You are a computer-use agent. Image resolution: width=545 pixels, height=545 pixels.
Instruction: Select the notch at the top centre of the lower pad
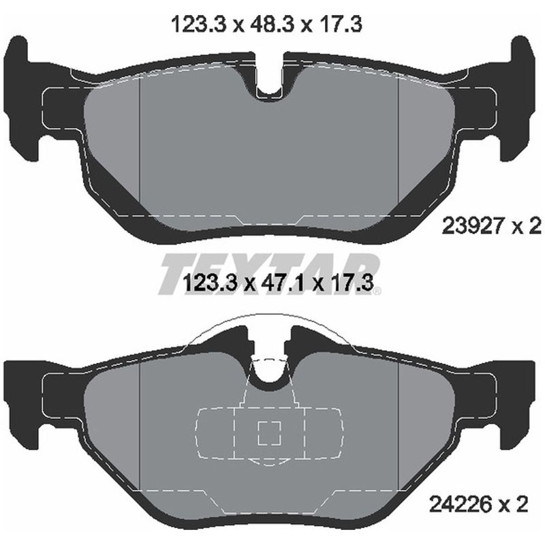(x=272, y=368)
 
